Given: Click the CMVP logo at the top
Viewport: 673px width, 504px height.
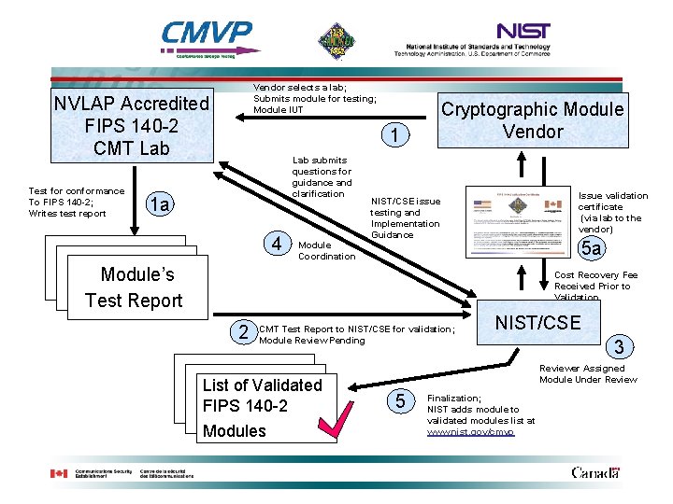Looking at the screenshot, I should click(x=207, y=40).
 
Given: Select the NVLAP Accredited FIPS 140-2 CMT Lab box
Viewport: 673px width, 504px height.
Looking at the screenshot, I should click(x=131, y=125).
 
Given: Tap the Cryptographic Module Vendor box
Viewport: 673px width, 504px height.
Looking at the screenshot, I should click(x=532, y=119).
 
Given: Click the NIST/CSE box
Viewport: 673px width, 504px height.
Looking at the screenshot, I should click(x=537, y=323).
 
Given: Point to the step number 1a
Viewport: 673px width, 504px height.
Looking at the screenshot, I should click(x=161, y=204).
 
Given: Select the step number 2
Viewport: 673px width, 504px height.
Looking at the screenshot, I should click(x=243, y=330).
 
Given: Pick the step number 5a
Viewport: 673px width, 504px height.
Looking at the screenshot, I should click(x=591, y=248).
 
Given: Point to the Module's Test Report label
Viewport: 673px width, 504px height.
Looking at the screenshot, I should click(x=134, y=287).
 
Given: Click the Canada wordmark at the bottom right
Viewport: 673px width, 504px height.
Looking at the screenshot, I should click(x=594, y=472).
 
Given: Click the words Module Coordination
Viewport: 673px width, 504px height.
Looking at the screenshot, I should click(x=326, y=250).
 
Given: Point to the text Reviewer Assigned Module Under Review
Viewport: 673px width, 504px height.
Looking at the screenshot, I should click(x=588, y=373).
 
